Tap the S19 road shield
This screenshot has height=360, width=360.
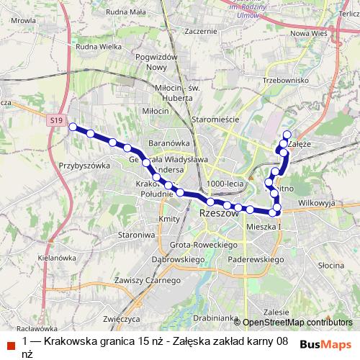[x=58, y=120]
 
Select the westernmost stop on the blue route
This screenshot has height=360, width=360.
[x=72, y=127]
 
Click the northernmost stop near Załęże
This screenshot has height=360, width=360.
[x=287, y=134]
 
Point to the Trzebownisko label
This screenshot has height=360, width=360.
[x=286, y=81]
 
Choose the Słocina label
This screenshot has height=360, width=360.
[x=332, y=265]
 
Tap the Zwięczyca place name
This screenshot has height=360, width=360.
[x=120, y=317]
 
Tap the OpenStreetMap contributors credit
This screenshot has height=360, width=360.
[x=297, y=322]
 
